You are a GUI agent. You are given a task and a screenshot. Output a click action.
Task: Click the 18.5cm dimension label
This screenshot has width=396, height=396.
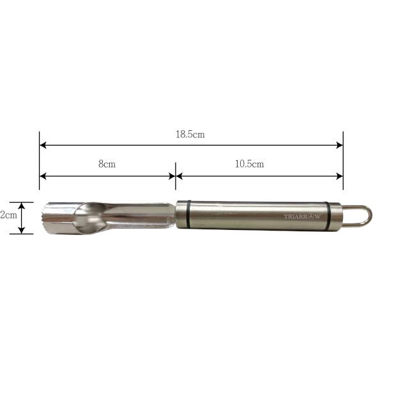(x=190, y=134)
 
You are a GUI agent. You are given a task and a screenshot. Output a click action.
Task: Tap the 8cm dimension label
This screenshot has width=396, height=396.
(x=107, y=164)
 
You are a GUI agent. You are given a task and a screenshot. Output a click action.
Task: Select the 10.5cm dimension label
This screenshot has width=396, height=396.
(x=250, y=164)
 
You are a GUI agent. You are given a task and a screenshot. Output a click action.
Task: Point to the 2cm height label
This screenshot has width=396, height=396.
(x=8, y=215)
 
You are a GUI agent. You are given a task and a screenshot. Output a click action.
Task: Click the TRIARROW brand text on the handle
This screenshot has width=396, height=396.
(x=302, y=217)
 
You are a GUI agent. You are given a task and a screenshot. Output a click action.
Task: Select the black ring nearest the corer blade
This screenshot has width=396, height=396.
(x=188, y=215)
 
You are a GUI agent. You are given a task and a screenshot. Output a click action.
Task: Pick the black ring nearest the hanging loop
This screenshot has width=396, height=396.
(x=328, y=216)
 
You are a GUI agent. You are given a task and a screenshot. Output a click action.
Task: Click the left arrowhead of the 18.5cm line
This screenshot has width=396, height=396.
(x=43, y=145)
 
